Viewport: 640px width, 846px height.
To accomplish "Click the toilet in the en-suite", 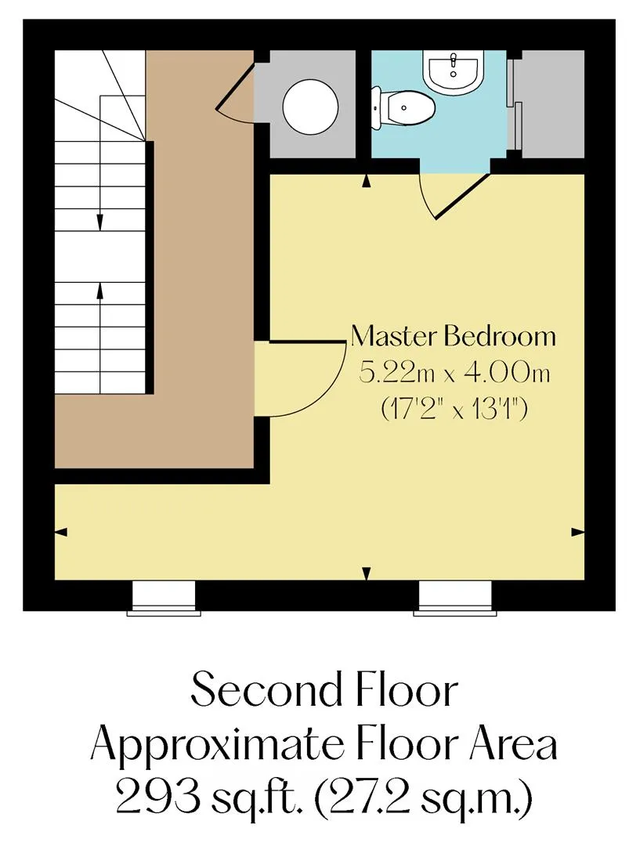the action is coord(403,108).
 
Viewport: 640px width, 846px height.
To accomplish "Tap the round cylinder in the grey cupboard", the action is coord(311,107).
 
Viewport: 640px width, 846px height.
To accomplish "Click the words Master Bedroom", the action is coord(453,336).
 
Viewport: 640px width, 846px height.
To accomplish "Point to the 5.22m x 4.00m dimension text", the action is coord(454,374).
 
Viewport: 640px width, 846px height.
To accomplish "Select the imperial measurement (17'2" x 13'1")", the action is coord(454,410).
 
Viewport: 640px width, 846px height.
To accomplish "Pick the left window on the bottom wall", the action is coord(164,598).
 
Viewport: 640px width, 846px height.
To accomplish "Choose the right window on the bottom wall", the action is coord(455,598).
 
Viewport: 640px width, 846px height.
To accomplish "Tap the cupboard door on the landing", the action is coord(234,91).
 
